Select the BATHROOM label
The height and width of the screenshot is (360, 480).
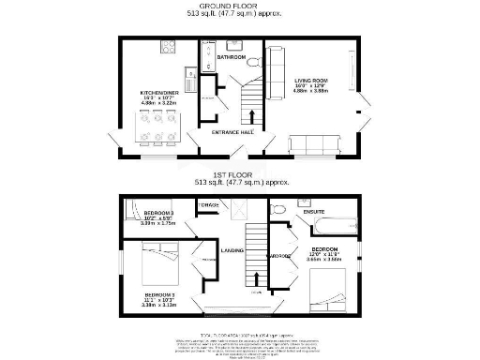232,58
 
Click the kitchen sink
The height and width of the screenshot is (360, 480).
190,87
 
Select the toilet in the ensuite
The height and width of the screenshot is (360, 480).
278,210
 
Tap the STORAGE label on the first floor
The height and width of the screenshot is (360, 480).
208,204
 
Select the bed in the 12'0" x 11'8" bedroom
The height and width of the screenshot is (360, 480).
328,287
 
